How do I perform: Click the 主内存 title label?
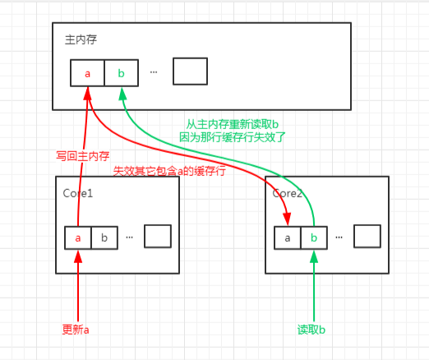pos(79,39)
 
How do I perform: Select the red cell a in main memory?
pos(87,72)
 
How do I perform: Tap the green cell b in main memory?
pos(122,72)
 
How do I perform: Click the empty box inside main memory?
pos(190,72)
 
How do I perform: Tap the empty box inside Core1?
pos(157,236)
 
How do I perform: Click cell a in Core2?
pos(288,237)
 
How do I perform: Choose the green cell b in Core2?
pos(313,237)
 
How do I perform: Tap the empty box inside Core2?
pos(367,236)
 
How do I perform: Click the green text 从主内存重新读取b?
pos(233,125)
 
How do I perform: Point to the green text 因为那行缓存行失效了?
pos(233,138)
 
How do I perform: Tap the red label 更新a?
pos(76,330)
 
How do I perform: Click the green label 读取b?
pos(312,330)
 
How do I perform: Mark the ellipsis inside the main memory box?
pos(154,72)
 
